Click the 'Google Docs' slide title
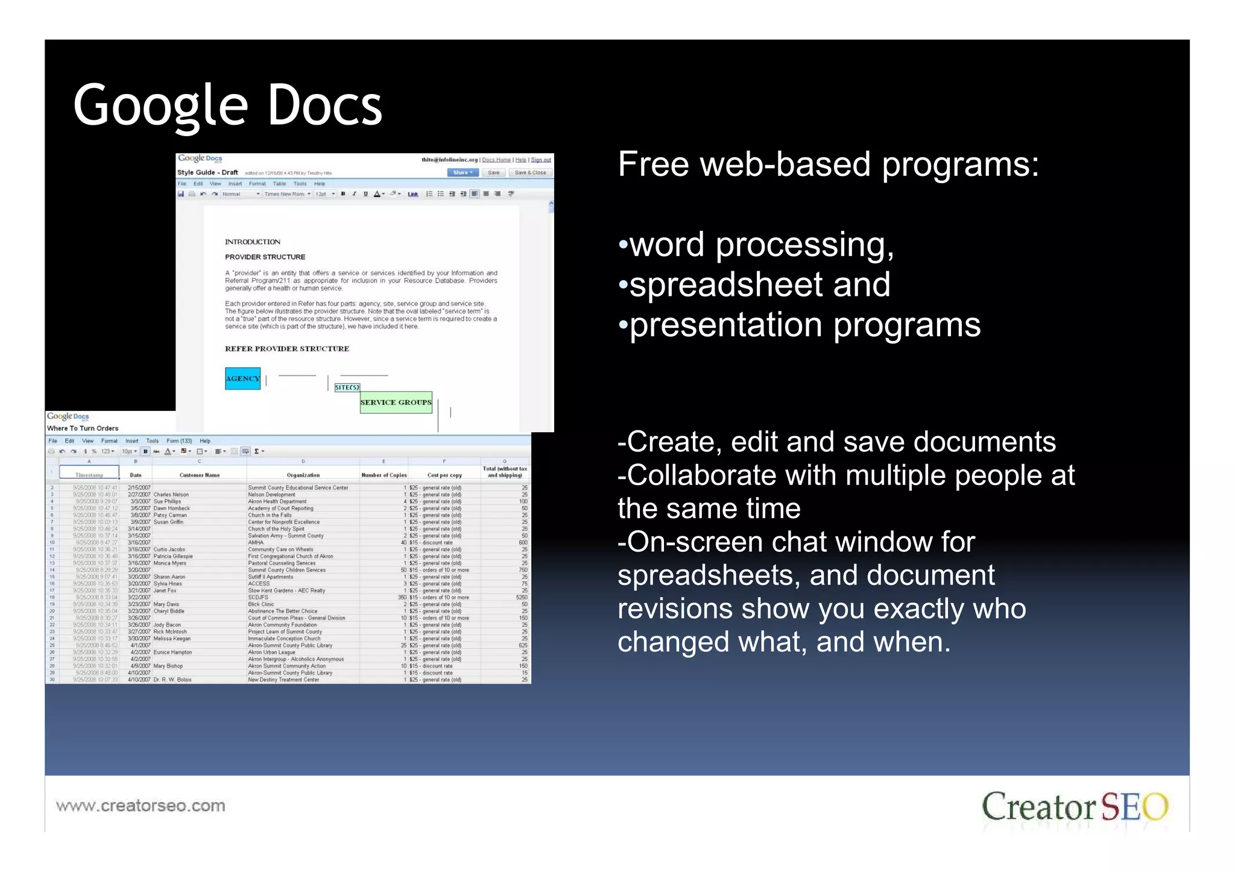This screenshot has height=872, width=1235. tap(227, 105)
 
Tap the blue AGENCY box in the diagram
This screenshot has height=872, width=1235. tap(242, 378)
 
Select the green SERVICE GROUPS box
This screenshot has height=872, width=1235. tap(396, 402)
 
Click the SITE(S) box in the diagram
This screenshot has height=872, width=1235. tap(347, 387)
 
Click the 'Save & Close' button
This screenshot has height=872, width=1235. tap(530, 173)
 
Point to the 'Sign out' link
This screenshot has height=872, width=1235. tap(540, 160)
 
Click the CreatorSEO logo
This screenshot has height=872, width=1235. tap(1075, 806)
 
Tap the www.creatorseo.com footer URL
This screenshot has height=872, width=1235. tap(141, 806)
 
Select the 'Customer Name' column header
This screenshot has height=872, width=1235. tap(200, 475)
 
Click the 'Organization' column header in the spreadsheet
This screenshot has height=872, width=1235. tap(303, 475)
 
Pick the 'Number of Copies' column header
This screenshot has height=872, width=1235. tap(384, 475)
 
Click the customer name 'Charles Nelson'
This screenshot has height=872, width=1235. tap(171, 495)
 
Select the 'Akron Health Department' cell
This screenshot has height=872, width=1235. tap(277, 501)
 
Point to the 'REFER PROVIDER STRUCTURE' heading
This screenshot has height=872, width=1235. tap(287, 349)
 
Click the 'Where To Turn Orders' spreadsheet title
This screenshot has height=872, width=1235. tap(83, 428)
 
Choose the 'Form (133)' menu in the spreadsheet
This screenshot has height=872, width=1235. tap(179, 441)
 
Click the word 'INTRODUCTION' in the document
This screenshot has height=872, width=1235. tap(253, 242)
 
